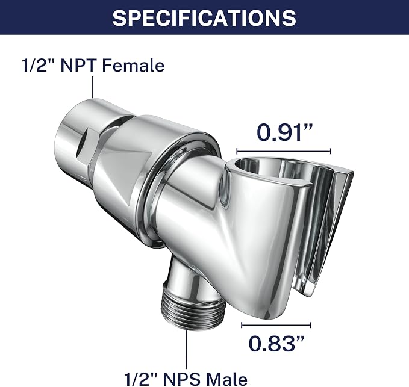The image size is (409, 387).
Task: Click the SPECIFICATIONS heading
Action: tap(204, 17)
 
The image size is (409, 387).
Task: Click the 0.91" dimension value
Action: tap(285, 132)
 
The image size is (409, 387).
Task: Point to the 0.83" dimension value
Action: tap(276, 343)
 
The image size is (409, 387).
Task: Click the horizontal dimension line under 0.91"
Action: tap(284, 151)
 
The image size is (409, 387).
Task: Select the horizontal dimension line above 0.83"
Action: tap(276, 325)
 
